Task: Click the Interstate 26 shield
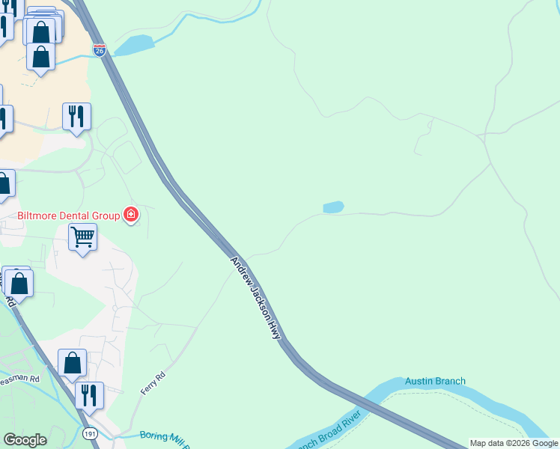100,49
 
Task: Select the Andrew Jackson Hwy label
255,299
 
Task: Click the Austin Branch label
435,381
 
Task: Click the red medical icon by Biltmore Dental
131,216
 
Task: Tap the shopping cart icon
82,237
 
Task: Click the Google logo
25,440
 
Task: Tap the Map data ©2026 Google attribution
514,443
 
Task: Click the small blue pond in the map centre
333,207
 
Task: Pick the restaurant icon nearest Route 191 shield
89,395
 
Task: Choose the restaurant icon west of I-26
76,116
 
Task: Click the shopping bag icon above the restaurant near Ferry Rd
73,363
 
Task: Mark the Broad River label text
333,430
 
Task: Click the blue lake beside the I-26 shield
134,45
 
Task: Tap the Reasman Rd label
19,379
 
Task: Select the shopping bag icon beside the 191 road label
19,283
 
